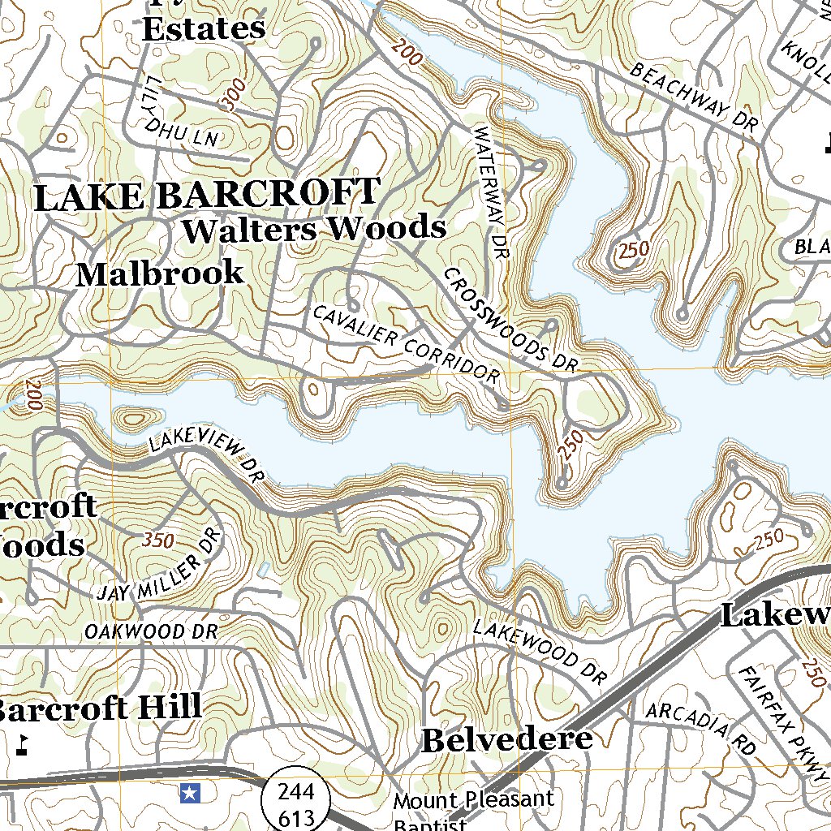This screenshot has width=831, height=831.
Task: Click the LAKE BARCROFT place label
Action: (x=206, y=196)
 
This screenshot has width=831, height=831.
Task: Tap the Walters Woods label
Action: (x=315, y=229)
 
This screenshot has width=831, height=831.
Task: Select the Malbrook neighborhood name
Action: (x=160, y=273)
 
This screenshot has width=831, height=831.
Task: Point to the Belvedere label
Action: (x=507, y=739)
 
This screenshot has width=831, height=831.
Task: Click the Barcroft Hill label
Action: (x=99, y=707)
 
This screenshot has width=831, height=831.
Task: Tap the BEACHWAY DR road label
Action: (x=693, y=98)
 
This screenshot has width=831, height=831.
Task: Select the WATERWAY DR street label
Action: (x=492, y=192)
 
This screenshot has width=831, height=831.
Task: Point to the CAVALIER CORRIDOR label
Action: (x=406, y=345)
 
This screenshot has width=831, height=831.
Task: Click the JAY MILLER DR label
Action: (x=158, y=568)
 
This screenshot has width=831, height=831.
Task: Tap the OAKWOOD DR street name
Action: (x=152, y=631)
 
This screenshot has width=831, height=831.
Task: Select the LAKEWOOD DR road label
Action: (x=540, y=650)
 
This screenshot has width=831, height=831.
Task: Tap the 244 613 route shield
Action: (x=295, y=803)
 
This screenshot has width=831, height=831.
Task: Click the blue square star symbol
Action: (x=190, y=792)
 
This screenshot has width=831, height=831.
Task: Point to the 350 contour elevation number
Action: (x=158, y=539)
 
